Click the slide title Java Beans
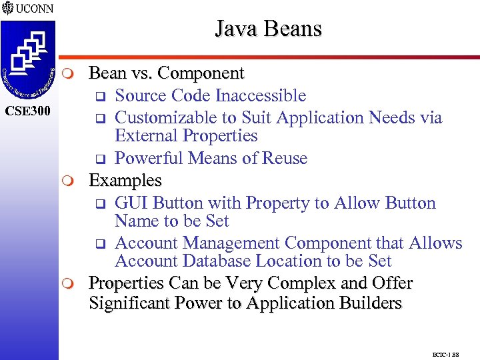click(x=268, y=29)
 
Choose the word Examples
click(x=125, y=181)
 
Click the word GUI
click(x=132, y=203)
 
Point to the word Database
click(x=222, y=261)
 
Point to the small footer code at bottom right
click(x=446, y=355)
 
